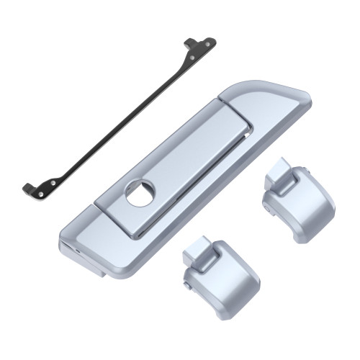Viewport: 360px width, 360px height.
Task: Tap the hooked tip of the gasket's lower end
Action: [x=26, y=188]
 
